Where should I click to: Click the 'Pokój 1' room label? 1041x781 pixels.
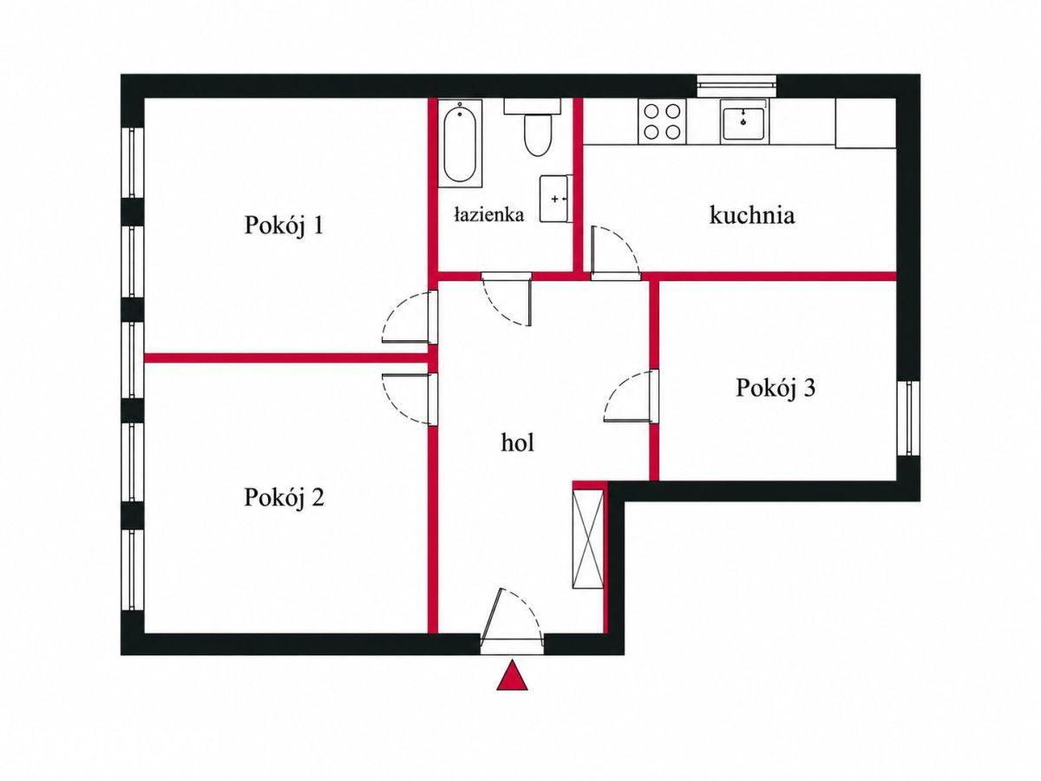(284, 226)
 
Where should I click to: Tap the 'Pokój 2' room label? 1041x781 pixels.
(284, 498)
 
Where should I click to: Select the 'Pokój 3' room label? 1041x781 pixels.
(776, 389)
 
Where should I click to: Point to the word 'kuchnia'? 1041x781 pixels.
(752, 215)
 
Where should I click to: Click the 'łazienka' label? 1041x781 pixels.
(489, 215)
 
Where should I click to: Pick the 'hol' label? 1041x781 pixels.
(517, 443)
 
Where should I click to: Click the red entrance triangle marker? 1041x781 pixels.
(512, 675)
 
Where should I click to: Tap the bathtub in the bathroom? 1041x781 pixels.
(460, 142)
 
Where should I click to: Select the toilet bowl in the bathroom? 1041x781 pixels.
(536, 128)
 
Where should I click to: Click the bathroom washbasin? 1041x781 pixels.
(556, 198)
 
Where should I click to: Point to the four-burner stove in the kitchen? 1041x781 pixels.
(662, 121)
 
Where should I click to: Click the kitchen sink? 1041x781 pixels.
(744, 121)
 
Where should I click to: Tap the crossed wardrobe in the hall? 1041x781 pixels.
(588, 539)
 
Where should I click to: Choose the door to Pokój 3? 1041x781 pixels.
(632, 396)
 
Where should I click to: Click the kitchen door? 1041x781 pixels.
(615, 253)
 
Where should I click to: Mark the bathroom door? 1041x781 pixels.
(507, 299)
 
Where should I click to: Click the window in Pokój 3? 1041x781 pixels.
(908, 417)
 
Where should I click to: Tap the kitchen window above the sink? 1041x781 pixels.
(737, 86)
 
